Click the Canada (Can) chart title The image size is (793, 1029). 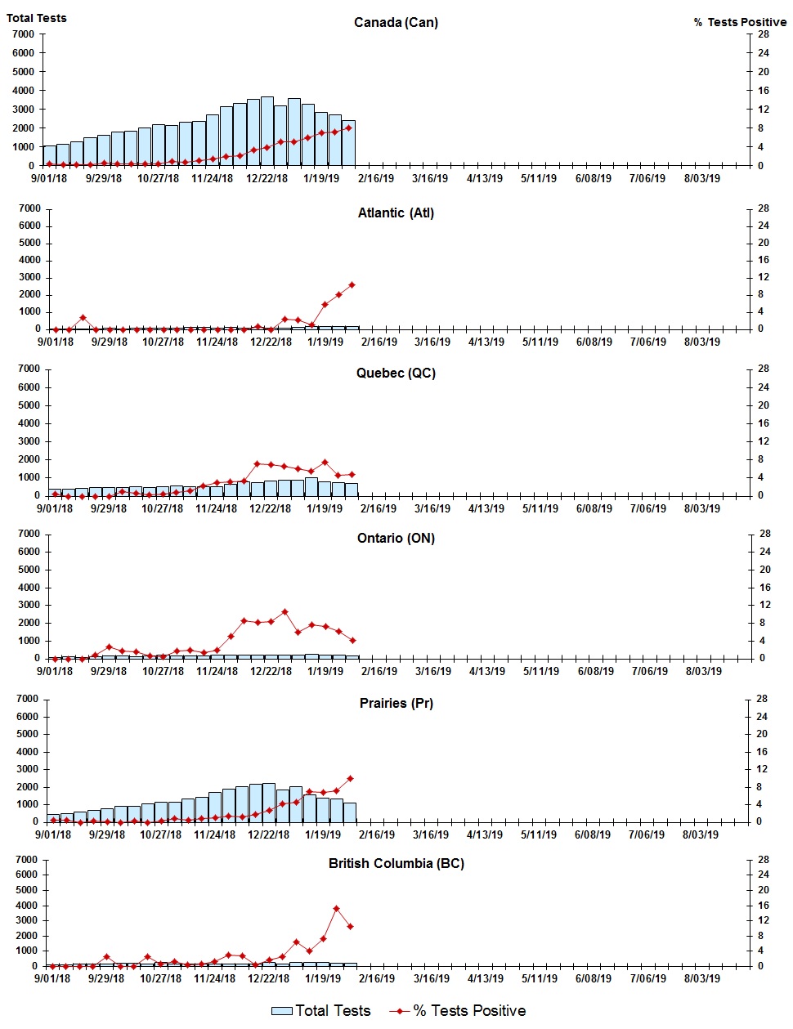click(396, 23)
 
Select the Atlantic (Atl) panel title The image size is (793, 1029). click(396, 213)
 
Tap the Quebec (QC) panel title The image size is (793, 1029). click(396, 374)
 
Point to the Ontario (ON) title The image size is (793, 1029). click(396, 539)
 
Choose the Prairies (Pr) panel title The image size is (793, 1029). click(396, 704)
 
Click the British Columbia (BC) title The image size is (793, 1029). click(396, 864)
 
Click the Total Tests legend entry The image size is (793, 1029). click(321, 1011)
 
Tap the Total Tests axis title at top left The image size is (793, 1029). click(37, 18)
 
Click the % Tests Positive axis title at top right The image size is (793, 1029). click(740, 23)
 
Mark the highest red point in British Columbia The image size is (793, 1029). click(336, 908)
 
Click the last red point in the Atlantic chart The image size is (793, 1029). click(352, 284)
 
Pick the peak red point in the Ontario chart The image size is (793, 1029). click(284, 611)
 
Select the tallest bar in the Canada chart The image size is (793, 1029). click(267, 131)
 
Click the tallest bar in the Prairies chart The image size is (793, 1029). click(268, 803)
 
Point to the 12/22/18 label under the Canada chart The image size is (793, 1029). click(267, 179)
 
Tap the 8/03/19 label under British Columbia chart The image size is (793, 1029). click(701, 978)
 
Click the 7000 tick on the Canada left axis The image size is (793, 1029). click(24, 34)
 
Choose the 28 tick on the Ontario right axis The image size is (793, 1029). click(765, 534)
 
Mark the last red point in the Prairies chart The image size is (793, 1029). click(350, 778)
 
